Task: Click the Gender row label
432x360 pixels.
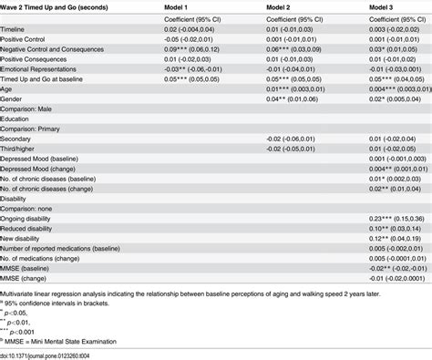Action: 14,99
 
